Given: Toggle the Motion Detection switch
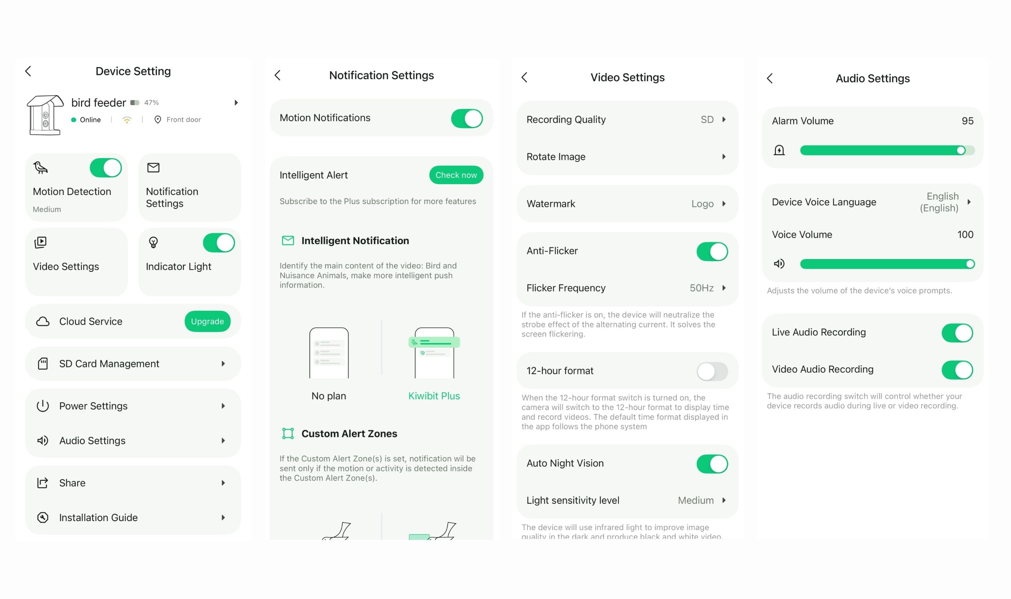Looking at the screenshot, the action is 106,168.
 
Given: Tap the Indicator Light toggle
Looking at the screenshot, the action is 219,243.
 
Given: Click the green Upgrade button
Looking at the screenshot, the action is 207,321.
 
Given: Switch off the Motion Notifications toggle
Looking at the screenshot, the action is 467,119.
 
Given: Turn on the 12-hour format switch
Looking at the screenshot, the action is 712,371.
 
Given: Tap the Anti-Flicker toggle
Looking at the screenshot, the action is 712,252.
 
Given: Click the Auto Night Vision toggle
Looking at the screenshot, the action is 712,464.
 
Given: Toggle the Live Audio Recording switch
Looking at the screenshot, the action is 957,333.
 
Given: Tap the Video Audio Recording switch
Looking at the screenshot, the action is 957,370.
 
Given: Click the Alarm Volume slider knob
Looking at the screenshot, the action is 961,150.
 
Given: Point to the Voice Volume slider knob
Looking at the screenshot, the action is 970,264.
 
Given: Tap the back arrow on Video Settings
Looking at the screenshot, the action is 525,77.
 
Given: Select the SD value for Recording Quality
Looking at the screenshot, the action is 707,119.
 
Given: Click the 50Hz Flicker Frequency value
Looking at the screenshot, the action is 701,288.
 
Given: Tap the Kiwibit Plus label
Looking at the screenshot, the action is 434,396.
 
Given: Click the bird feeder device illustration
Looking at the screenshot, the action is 45,115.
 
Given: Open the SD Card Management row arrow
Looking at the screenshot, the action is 223,364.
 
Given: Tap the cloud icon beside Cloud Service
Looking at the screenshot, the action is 43,321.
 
